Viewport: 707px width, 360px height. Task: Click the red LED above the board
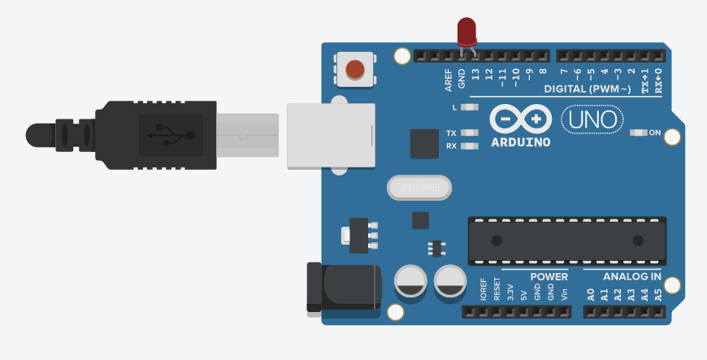tap(466, 32)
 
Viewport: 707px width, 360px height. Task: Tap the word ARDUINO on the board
tap(521, 141)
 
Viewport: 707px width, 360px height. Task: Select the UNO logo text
tap(592, 120)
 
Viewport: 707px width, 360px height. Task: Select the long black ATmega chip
tap(566, 241)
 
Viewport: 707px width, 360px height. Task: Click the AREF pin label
tap(448, 78)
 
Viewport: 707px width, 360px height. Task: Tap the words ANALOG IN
tap(631, 276)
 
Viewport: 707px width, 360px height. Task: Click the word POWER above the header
tap(549, 276)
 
